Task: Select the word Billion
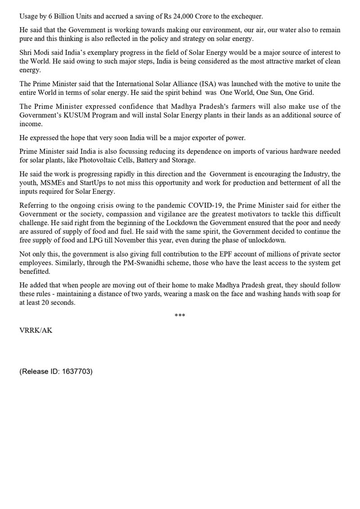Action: click(63, 17)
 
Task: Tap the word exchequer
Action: click(247, 17)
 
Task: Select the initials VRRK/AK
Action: click(36, 330)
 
